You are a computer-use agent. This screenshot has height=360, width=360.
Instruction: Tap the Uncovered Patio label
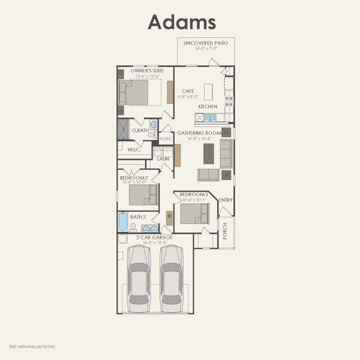pyautogui.click(x=206, y=43)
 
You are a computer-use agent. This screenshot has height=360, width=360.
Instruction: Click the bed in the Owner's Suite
pyautogui.click(x=136, y=92)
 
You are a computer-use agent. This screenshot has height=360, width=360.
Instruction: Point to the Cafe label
pyautogui.click(x=188, y=91)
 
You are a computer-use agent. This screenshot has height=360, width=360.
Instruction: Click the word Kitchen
pyautogui.click(x=208, y=106)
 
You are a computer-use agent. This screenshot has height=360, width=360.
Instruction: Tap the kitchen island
pyautogui.click(x=208, y=92)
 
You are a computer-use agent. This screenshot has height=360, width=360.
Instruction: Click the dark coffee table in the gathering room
pyautogui.click(x=208, y=154)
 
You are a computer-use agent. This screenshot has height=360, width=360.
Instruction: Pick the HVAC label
pyautogui.click(x=166, y=139)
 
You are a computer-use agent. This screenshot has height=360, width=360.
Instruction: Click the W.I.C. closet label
pyautogui.click(x=134, y=149)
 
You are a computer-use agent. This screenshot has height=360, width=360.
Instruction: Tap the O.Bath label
pyautogui.click(x=140, y=130)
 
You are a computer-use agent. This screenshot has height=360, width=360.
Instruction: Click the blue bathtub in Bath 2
pyautogui.click(x=123, y=222)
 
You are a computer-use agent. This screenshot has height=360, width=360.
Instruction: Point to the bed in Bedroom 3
pyautogui.click(x=194, y=214)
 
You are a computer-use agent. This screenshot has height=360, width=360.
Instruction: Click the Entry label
pyautogui.click(x=226, y=200)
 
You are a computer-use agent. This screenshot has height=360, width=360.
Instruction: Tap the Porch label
pyautogui.click(x=225, y=232)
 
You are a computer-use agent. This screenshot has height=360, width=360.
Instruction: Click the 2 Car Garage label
pyautogui.click(x=154, y=238)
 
